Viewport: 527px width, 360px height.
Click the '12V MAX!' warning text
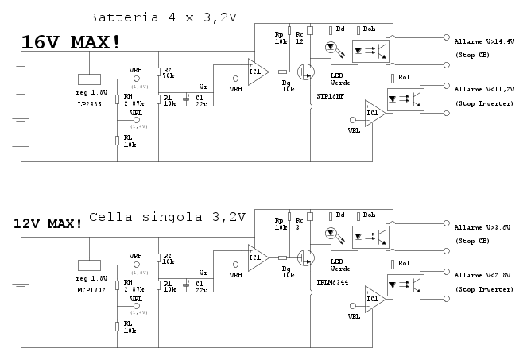point(48,223)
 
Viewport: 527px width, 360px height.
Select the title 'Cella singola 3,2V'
point(168,216)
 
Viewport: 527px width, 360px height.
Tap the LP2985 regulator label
point(88,103)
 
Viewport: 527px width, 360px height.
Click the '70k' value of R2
point(169,77)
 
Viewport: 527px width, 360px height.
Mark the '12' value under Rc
point(299,41)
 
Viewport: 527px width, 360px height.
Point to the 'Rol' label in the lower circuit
point(403,261)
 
